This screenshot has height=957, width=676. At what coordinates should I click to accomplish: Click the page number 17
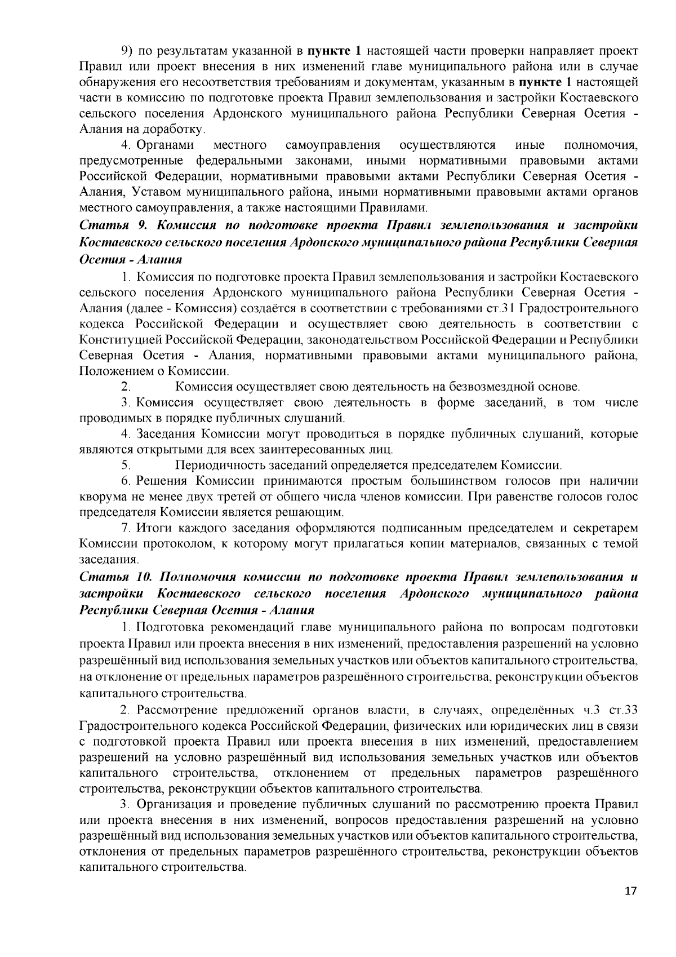[x=630, y=906]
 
